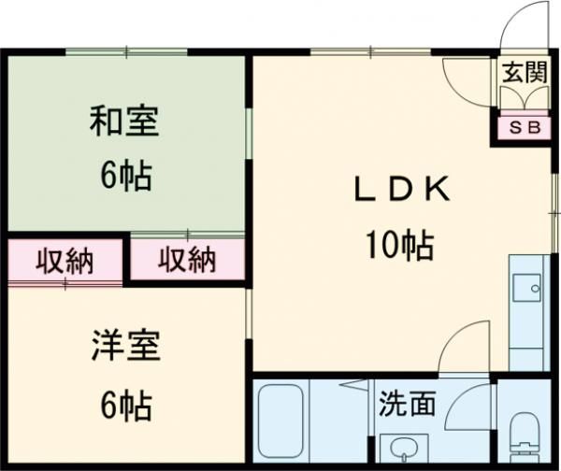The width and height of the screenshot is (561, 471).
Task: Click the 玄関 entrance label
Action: (525, 72)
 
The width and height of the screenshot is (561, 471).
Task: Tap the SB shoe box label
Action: (525, 127)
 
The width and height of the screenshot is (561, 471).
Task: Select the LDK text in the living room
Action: (402, 189)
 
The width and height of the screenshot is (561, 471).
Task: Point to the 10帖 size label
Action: (399, 245)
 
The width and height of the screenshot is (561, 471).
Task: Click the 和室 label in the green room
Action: (124, 121)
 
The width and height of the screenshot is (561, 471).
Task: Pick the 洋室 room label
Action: (125, 345)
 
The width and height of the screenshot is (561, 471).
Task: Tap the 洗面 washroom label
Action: (407, 404)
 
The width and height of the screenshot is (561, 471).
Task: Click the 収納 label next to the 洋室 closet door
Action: (65, 262)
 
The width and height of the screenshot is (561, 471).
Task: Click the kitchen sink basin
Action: (527, 288)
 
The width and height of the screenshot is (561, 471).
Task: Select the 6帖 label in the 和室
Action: (126, 176)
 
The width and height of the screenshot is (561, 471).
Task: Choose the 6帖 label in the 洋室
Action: (126, 406)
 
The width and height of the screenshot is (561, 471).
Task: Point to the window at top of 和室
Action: (126, 51)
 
